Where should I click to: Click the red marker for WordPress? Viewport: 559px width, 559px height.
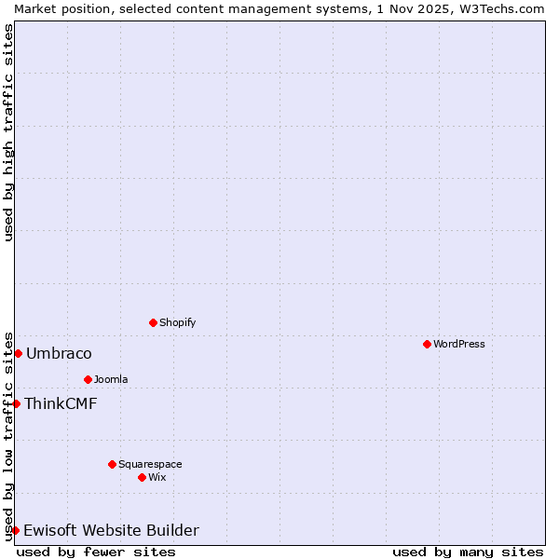point(427,344)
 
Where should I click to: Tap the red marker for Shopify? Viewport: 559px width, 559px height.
point(153,322)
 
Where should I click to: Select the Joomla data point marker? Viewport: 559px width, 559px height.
point(88,379)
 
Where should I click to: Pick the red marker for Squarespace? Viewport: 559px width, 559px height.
point(112,464)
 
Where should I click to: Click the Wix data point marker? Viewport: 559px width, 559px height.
point(142,477)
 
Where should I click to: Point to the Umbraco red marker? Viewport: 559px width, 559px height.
point(18,353)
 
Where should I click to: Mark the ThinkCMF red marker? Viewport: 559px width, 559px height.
point(16,403)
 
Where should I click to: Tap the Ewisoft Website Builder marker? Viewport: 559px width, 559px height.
point(16,530)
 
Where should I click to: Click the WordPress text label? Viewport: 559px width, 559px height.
point(459,344)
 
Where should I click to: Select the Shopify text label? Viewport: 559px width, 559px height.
point(178,322)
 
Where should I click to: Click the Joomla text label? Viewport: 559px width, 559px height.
point(111,379)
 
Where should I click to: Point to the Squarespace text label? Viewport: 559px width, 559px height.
point(150,464)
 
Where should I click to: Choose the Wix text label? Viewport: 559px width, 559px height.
point(157,477)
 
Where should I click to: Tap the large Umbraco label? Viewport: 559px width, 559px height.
point(59,353)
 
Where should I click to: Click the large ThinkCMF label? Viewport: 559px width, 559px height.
point(61,403)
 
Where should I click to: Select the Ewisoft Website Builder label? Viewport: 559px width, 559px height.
point(111,530)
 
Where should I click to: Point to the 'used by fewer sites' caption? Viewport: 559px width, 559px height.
point(96,552)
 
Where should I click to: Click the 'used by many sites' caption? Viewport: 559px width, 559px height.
point(468,552)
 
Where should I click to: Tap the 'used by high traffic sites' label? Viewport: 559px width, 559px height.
point(8,132)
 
